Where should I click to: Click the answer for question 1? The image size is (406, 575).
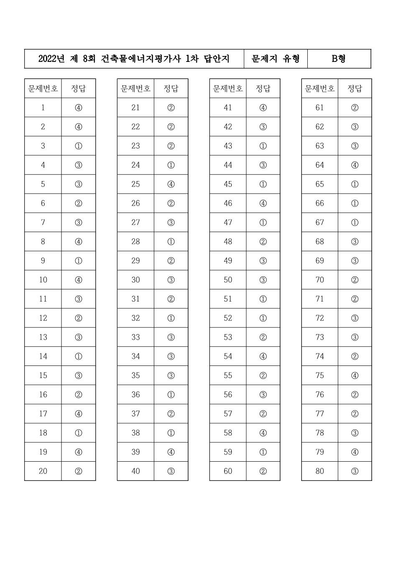click(x=79, y=107)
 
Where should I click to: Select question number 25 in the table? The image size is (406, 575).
click(x=135, y=184)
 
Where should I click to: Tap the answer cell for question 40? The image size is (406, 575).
click(x=171, y=471)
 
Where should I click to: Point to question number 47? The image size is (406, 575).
click(x=228, y=222)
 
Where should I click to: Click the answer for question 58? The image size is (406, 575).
click(x=263, y=433)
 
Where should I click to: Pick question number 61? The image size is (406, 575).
click(x=320, y=107)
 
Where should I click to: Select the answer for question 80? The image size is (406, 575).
click(x=355, y=471)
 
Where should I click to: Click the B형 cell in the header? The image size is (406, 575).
click(x=339, y=59)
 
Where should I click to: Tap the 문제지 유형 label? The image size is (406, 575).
click(x=276, y=59)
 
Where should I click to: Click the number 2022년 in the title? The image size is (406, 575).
click(x=51, y=59)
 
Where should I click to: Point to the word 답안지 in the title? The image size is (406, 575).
click(x=217, y=59)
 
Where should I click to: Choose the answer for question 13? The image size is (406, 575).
click(x=79, y=337)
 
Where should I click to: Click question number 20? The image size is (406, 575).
click(x=43, y=471)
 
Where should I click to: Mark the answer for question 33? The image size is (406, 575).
click(x=171, y=337)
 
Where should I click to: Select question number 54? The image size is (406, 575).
click(x=228, y=356)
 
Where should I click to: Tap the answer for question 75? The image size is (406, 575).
click(x=355, y=376)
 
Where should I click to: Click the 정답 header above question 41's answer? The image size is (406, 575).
click(x=263, y=88)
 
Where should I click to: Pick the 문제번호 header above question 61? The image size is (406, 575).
click(x=320, y=88)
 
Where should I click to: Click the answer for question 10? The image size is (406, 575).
click(x=79, y=280)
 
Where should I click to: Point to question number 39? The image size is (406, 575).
click(x=135, y=452)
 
